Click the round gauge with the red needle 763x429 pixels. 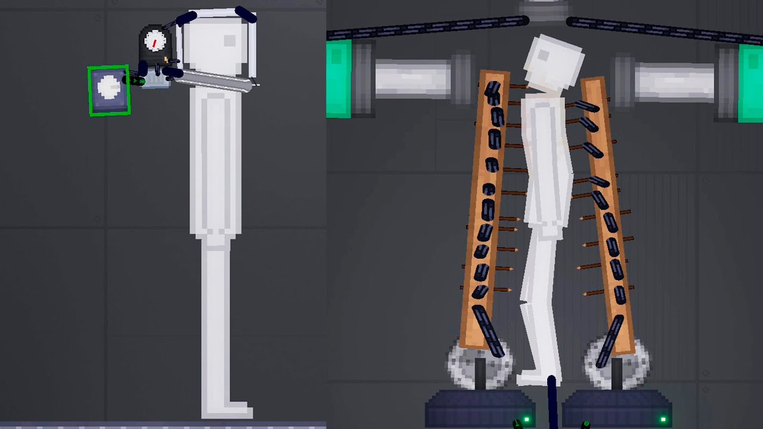click(155, 42)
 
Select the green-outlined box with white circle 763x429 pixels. click(109, 90)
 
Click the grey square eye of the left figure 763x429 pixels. click(229, 41)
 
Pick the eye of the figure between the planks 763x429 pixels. click(543, 55)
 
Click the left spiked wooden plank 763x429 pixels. click(488, 209)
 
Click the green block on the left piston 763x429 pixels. click(338, 78)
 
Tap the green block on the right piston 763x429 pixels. click(750, 83)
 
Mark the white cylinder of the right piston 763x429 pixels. click(674, 82)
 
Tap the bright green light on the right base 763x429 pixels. click(663, 420)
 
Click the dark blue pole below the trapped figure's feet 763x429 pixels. click(551, 402)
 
